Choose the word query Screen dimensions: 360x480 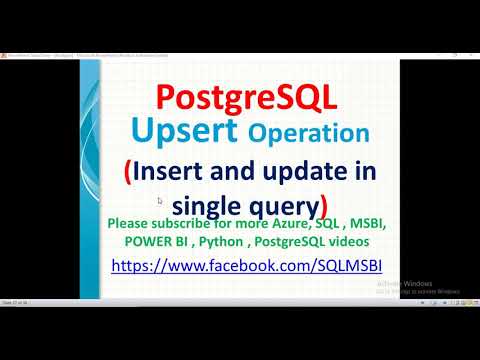tap(286, 205)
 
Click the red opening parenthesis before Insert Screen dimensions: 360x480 tap(127, 171)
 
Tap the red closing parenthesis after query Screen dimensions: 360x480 tap(323, 206)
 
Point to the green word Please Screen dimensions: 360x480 tap(131, 224)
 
